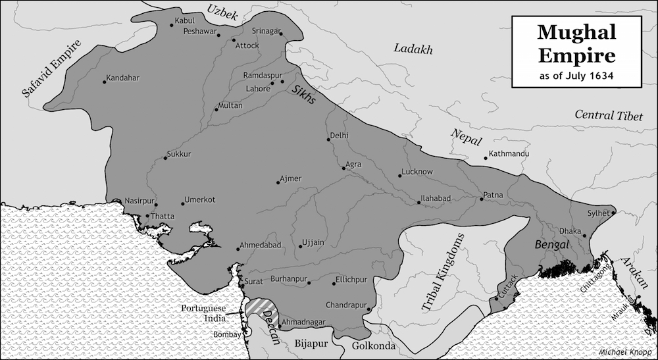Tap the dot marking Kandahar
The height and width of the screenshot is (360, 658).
point(105,82)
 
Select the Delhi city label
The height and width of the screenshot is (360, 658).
point(340,136)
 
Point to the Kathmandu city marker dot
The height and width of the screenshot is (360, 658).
point(486,158)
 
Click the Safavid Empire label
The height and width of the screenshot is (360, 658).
point(51,70)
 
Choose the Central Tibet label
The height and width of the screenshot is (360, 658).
point(608,116)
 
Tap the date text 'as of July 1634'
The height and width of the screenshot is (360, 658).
point(576,76)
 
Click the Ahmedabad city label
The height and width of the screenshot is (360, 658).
point(261,245)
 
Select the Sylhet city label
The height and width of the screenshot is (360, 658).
point(598,213)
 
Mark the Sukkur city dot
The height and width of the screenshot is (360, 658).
point(164,158)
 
